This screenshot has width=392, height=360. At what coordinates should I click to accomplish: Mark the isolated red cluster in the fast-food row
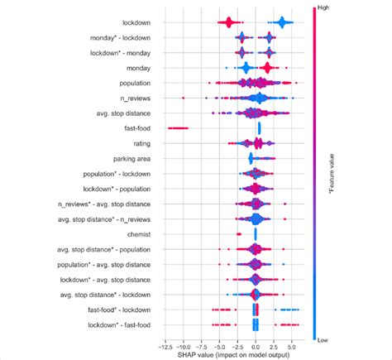178,128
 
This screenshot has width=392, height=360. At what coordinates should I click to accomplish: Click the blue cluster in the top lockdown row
284,22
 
